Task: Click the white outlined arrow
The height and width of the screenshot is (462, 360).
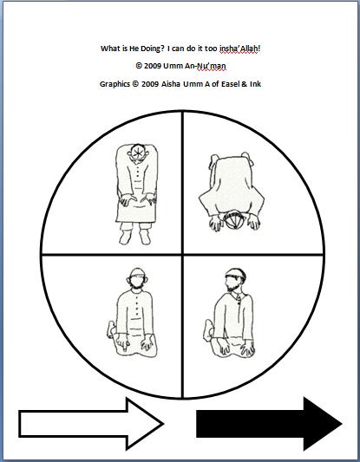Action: tap(91, 424)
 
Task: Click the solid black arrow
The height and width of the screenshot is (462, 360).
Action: tap(269, 424)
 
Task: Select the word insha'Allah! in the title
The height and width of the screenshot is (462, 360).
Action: tap(240, 49)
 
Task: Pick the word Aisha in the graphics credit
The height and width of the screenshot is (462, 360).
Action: tap(171, 84)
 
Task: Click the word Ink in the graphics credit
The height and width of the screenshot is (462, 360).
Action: tap(255, 84)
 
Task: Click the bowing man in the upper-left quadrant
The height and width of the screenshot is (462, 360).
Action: tap(136, 194)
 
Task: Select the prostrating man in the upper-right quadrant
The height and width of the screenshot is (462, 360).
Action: tap(232, 192)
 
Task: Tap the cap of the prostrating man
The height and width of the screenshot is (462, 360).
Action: tap(234, 219)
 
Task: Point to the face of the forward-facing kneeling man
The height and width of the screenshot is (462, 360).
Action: tap(137, 282)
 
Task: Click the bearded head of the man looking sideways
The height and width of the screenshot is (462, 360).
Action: tap(235, 280)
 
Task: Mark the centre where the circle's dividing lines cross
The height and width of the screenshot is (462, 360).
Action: tap(182, 254)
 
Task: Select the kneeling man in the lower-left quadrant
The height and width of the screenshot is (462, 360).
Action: tap(132, 313)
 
